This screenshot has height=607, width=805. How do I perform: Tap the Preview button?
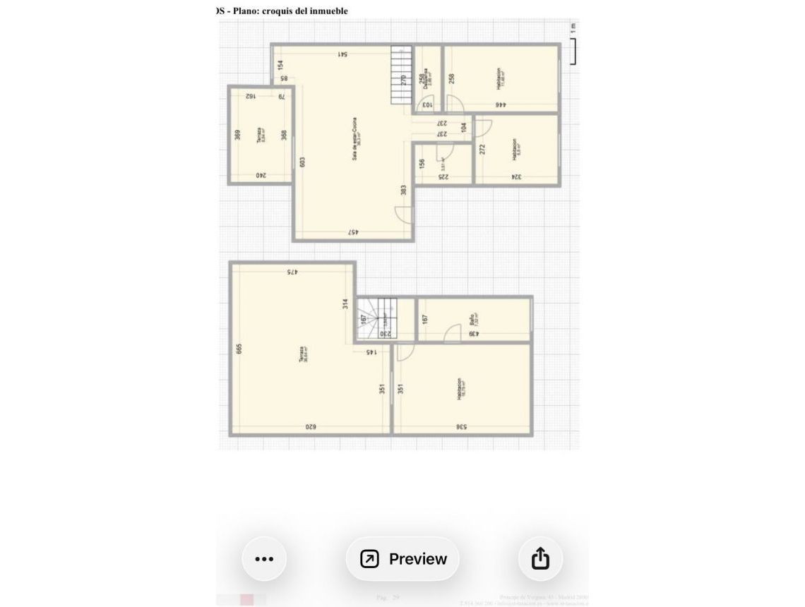[402, 559]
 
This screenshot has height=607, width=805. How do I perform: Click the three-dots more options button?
[263, 559]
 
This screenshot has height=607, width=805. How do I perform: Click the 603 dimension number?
[302, 162]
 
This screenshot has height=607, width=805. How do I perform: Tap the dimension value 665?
[239, 349]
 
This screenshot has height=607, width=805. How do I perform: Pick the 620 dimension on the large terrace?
[310, 427]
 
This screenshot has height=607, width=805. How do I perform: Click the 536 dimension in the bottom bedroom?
[460, 427]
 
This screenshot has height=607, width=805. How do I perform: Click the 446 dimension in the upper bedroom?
[500, 105]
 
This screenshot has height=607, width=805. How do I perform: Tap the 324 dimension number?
[515, 177]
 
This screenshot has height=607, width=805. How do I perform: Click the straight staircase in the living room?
[401, 76]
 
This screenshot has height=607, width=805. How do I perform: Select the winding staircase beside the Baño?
[378, 318]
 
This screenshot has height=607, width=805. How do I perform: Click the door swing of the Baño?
[453, 335]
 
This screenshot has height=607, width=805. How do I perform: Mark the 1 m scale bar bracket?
[574, 51]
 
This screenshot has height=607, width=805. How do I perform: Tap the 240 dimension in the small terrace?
[260, 175]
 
